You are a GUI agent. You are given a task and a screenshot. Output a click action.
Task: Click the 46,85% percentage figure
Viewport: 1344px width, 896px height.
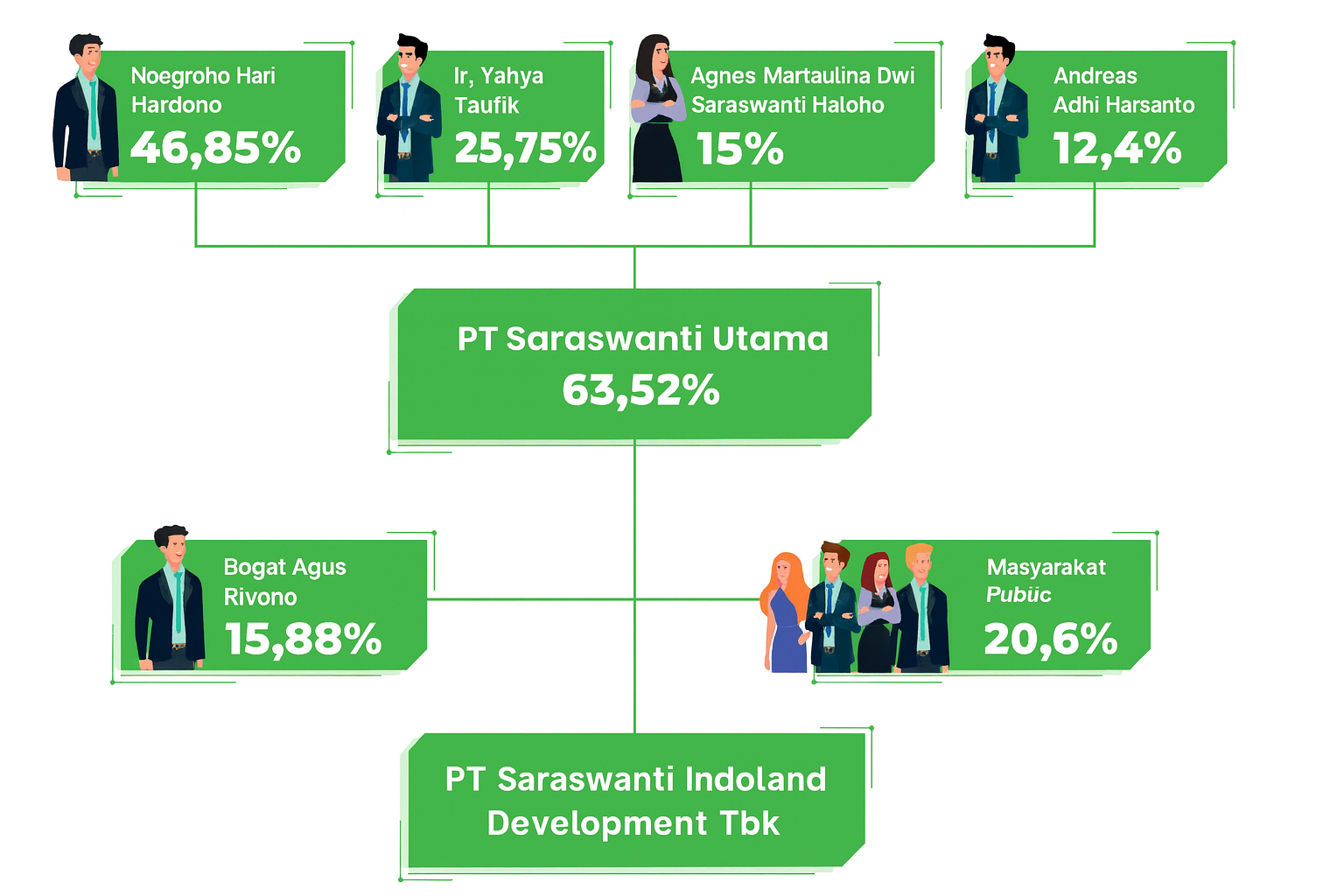tap(215, 148)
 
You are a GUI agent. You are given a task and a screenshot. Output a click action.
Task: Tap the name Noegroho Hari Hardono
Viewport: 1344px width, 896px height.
tap(203, 90)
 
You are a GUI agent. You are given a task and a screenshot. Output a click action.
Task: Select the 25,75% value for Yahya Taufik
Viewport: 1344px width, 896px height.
tap(525, 148)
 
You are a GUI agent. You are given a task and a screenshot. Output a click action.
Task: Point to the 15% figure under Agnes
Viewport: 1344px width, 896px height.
tap(739, 149)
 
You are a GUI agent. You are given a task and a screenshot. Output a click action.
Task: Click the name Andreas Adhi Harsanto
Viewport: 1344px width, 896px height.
tap(1123, 90)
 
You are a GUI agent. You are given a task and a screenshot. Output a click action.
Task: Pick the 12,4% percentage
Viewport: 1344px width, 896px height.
tap(1116, 148)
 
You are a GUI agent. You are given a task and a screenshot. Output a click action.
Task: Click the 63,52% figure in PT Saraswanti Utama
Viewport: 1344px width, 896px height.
tap(640, 390)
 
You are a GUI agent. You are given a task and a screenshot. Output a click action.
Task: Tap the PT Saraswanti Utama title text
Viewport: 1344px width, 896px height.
tap(642, 339)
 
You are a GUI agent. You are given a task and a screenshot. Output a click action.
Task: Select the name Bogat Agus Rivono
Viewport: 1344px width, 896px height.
tap(284, 582)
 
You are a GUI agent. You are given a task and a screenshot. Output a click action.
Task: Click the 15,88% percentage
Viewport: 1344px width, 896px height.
tap(303, 639)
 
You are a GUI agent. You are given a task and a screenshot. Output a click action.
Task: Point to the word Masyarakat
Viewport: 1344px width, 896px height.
tap(1046, 568)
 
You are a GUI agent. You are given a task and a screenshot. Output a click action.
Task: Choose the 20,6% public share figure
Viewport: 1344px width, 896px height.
tap(1050, 639)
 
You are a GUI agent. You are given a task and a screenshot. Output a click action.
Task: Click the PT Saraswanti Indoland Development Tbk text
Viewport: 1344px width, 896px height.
tap(635, 801)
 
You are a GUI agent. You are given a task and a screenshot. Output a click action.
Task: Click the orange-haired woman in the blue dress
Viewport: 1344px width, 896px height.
tap(786, 612)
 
